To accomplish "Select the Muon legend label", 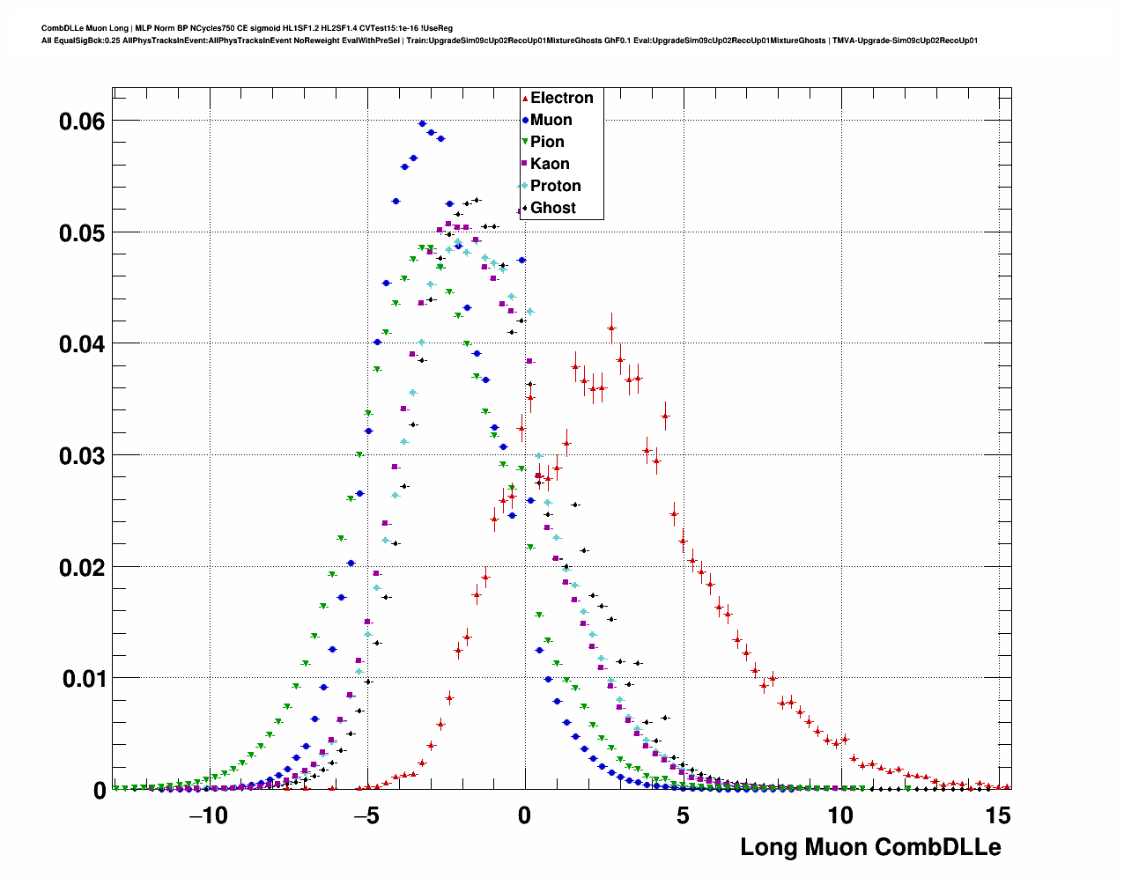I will click(551, 120).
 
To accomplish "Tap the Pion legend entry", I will click(547, 142).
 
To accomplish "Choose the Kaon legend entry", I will click(550, 164).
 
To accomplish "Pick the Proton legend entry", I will click(555, 186).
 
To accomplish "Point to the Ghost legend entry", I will click(552, 208).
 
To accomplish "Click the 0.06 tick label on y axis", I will click(82, 122).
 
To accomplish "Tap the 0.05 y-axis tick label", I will click(82, 233).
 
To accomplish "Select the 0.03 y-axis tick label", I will click(82, 456).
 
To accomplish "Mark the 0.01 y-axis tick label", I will click(82, 679).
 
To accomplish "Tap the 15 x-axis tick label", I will click(998, 816).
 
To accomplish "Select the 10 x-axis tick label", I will click(840, 816).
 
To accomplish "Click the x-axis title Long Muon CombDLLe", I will click(870, 847).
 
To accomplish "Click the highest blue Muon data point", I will click(422, 124).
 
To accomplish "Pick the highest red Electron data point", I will click(611, 328).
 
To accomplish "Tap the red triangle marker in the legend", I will click(525, 99).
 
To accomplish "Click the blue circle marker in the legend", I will click(525, 121).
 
